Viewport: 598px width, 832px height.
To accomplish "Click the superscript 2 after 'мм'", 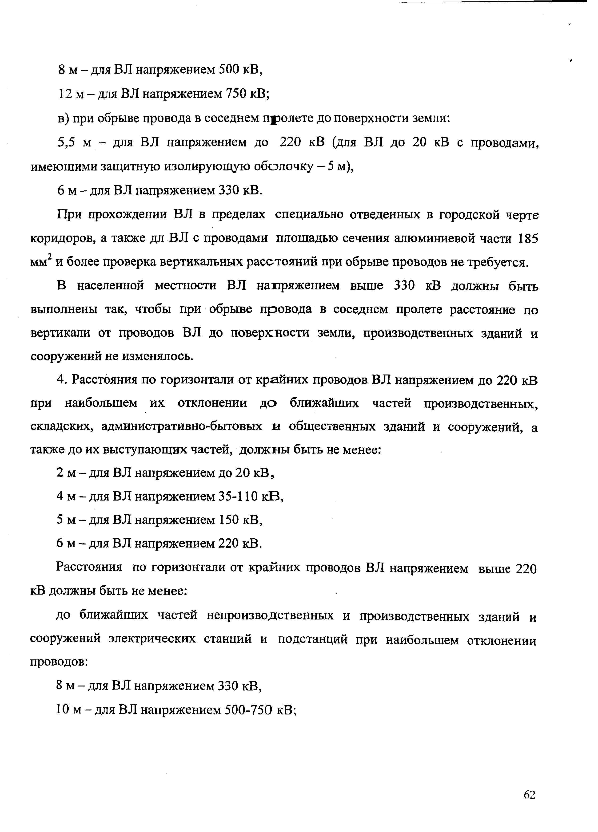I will coord(50,257).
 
